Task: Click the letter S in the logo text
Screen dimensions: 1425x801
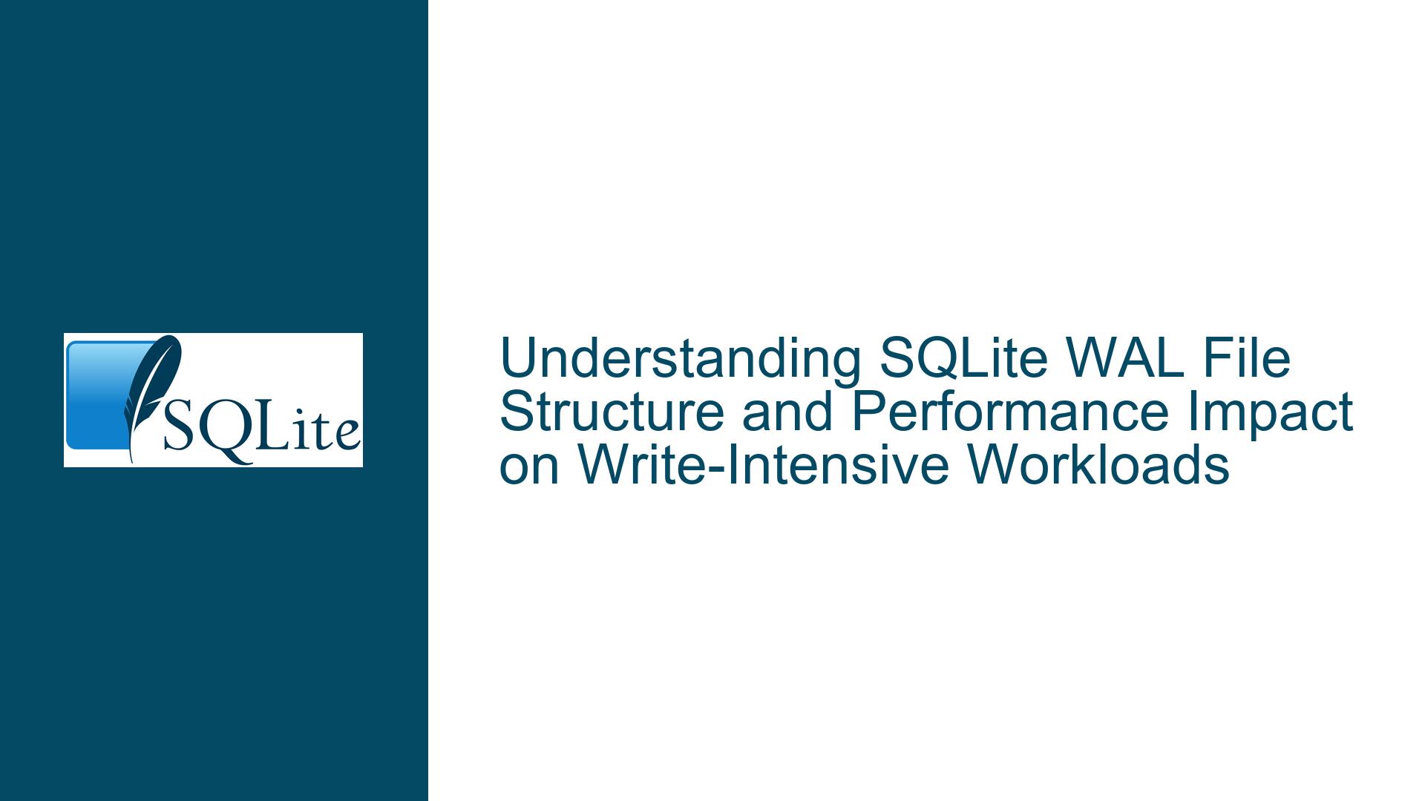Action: [x=179, y=427]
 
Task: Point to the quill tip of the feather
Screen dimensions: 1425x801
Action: [x=132, y=461]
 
